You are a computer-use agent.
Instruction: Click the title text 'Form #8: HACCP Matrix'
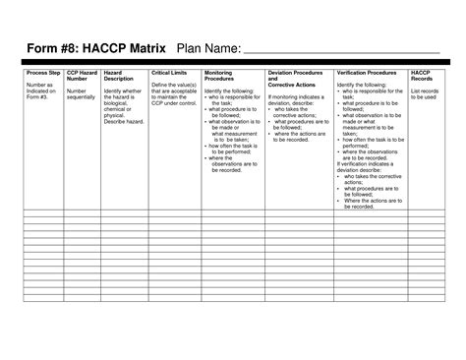95,49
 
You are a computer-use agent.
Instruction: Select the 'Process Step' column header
41,73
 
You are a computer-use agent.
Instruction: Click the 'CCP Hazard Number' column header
81,76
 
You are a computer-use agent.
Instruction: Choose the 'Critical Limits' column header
170,73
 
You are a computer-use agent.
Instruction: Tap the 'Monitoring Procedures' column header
219,76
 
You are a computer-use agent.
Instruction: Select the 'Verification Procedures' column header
366,73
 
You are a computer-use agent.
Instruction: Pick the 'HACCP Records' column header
423,76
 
